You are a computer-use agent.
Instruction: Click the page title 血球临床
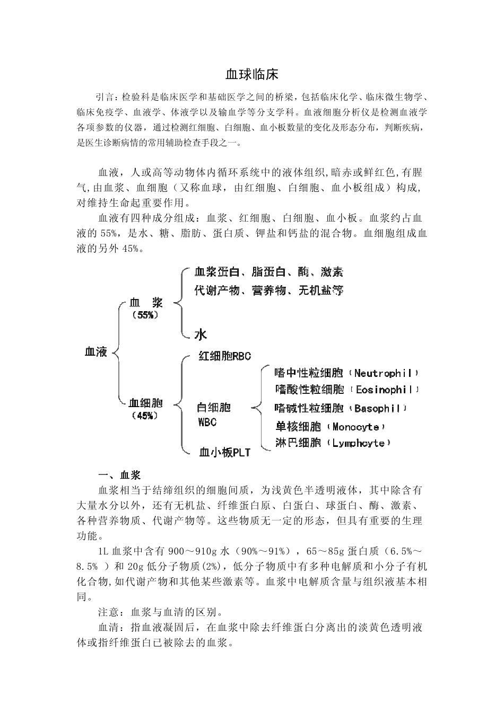[x=251, y=74]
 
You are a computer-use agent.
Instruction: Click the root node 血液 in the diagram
[x=96, y=351]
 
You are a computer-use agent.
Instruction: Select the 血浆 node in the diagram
[x=146, y=303]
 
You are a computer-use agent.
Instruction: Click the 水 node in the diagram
[x=201, y=334]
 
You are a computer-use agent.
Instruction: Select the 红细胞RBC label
[x=224, y=356]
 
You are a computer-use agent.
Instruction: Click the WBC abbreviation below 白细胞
[x=207, y=422]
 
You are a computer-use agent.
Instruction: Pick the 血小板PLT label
[x=224, y=452]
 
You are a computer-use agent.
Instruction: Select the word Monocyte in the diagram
[x=355, y=427]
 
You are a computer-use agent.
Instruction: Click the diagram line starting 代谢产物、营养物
[x=268, y=290]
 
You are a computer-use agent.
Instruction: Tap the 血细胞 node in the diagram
[x=146, y=403]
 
